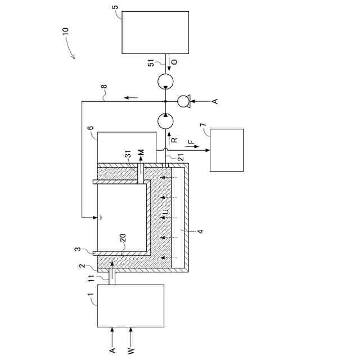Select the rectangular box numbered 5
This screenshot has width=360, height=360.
(155, 32)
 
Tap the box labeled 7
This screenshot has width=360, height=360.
(227, 150)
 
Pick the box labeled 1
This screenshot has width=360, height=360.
(130, 305)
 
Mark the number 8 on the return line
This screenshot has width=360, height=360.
(103, 88)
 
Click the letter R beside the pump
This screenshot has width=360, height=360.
(174, 139)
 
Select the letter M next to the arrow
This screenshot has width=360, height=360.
(141, 153)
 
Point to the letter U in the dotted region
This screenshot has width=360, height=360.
(165, 212)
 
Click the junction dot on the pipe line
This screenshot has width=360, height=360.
(166, 101)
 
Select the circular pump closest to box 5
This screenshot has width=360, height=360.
(166, 82)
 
